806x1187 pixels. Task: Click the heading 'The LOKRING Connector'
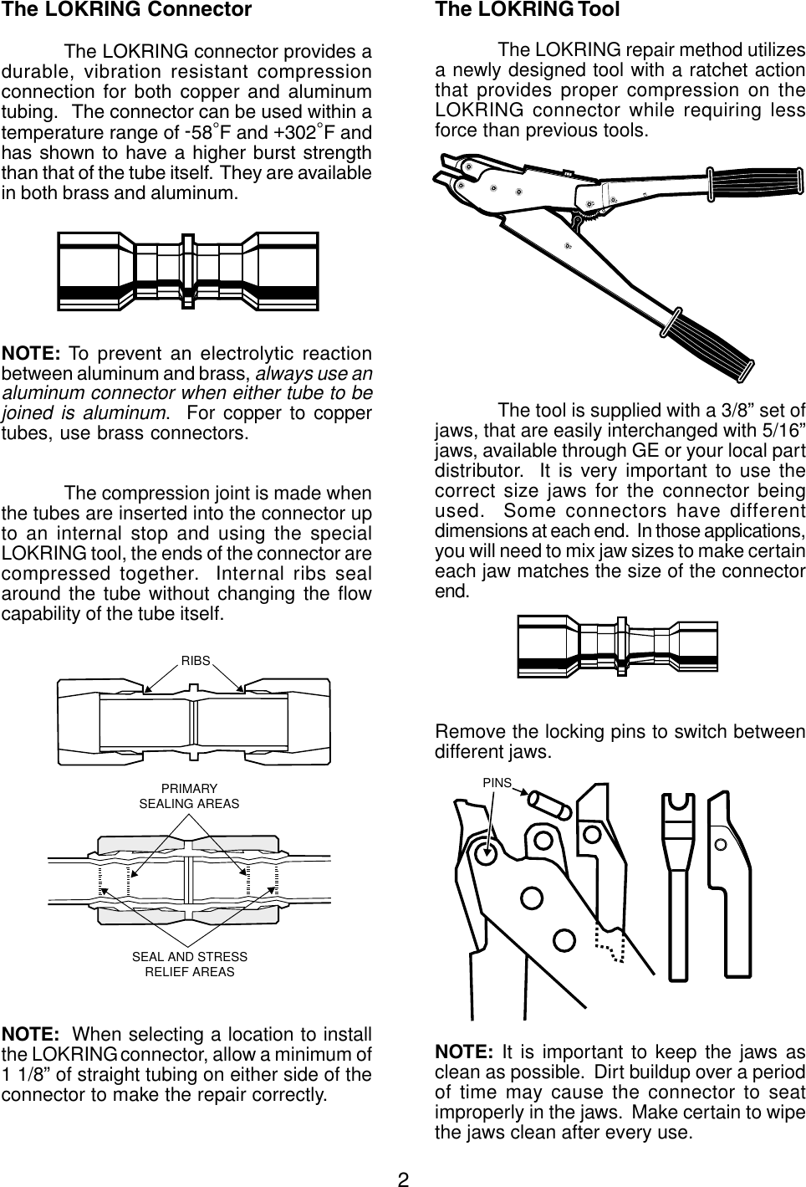pos(126,10)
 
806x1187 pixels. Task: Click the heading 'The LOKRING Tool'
pos(528,10)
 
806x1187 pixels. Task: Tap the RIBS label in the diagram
pos(196,660)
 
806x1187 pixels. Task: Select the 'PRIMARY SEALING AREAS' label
pos(189,796)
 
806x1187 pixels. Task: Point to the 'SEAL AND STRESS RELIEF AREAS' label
pos(190,964)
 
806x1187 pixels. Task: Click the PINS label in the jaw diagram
pos(497,781)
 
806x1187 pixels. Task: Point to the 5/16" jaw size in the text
pos(787,431)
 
